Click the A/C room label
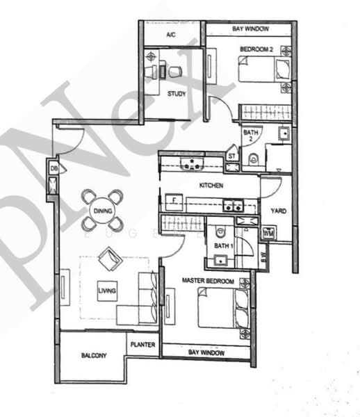pyautogui.click(x=171, y=35)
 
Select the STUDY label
pyautogui.click(x=176, y=93)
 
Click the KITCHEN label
pyautogui.click(x=211, y=186)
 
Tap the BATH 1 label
pyautogui.click(x=222, y=246)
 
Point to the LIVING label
pyautogui.click(x=106, y=290)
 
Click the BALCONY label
pyautogui.click(x=94, y=356)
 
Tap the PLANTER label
pyautogui.click(x=142, y=343)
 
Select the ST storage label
pyautogui.click(x=231, y=157)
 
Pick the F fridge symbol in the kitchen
pyautogui.click(x=173, y=202)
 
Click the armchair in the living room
pyautogui.click(x=108, y=261)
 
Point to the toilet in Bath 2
pyautogui.click(x=252, y=158)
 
